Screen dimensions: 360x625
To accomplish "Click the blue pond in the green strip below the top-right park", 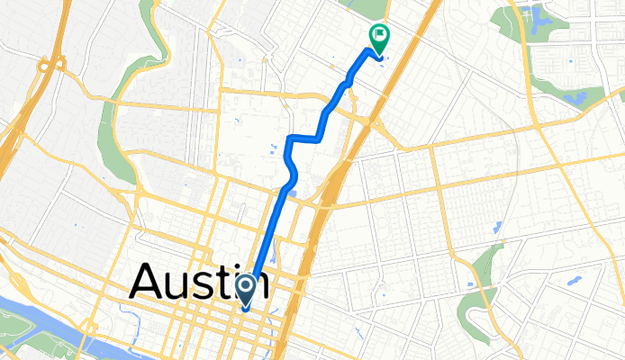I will [576, 96].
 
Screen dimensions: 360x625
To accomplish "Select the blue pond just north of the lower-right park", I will [497, 246].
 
